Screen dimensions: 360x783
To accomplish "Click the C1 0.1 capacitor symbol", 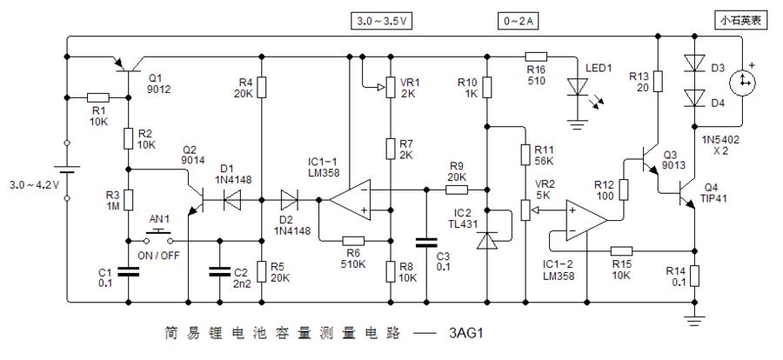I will coord(129,271).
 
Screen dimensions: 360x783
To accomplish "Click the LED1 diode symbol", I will coord(577,87).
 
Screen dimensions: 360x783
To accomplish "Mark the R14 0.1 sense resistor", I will coord(695,277).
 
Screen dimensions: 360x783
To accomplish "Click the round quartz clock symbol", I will coord(742,83).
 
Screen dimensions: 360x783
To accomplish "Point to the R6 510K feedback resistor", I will coord(352,241).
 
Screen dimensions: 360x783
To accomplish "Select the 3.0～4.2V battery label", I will coord(31,185).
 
